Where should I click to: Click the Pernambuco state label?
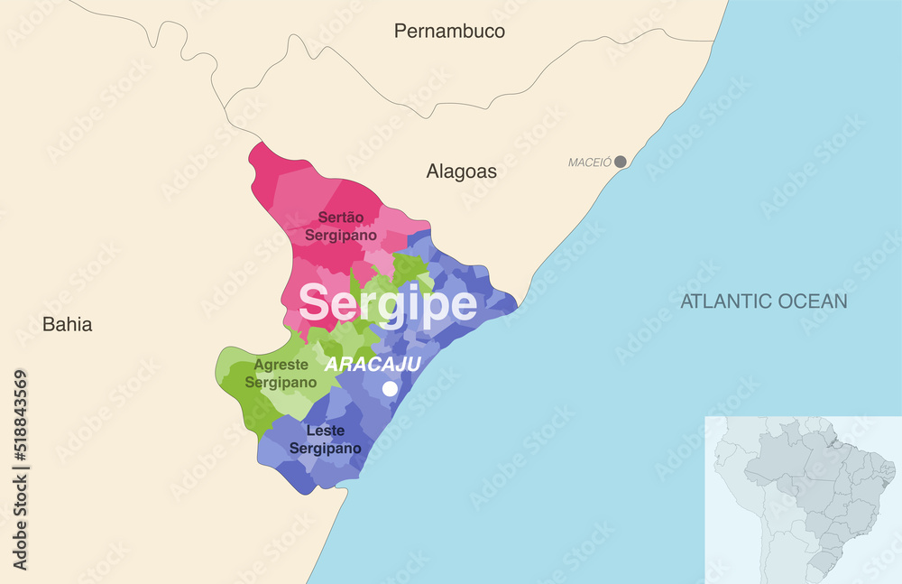click(449, 32)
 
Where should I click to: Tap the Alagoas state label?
click(461, 171)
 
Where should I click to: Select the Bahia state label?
click(68, 325)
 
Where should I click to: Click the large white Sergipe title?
click(388, 304)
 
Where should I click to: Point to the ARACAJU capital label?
click(373, 365)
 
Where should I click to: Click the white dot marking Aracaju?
click(390, 388)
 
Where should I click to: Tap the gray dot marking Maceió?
click(621, 162)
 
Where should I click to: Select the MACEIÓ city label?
click(590, 162)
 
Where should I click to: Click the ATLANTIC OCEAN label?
click(763, 301)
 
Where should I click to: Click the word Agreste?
click(285, 366)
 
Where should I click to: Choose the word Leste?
click(325, 431)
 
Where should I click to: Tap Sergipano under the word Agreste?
click(285, 383)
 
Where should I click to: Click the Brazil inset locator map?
click(803, 499)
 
